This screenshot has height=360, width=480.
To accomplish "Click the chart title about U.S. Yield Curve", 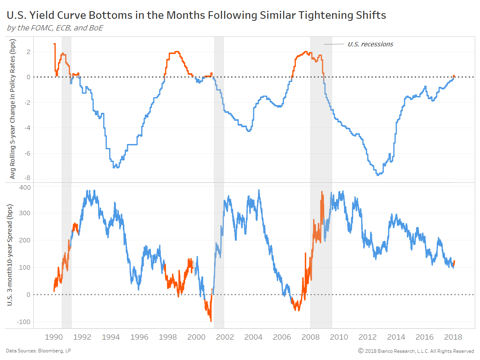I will (196, 16).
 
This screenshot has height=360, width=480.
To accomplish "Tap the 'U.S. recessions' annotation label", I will (370, 44).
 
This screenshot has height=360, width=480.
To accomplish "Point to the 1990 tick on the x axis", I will (54, 337).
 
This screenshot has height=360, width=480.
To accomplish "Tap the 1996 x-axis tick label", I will (139, 337).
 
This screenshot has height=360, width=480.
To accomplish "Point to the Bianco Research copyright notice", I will (416, 351).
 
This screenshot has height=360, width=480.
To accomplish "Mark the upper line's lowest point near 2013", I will (377, 175).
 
